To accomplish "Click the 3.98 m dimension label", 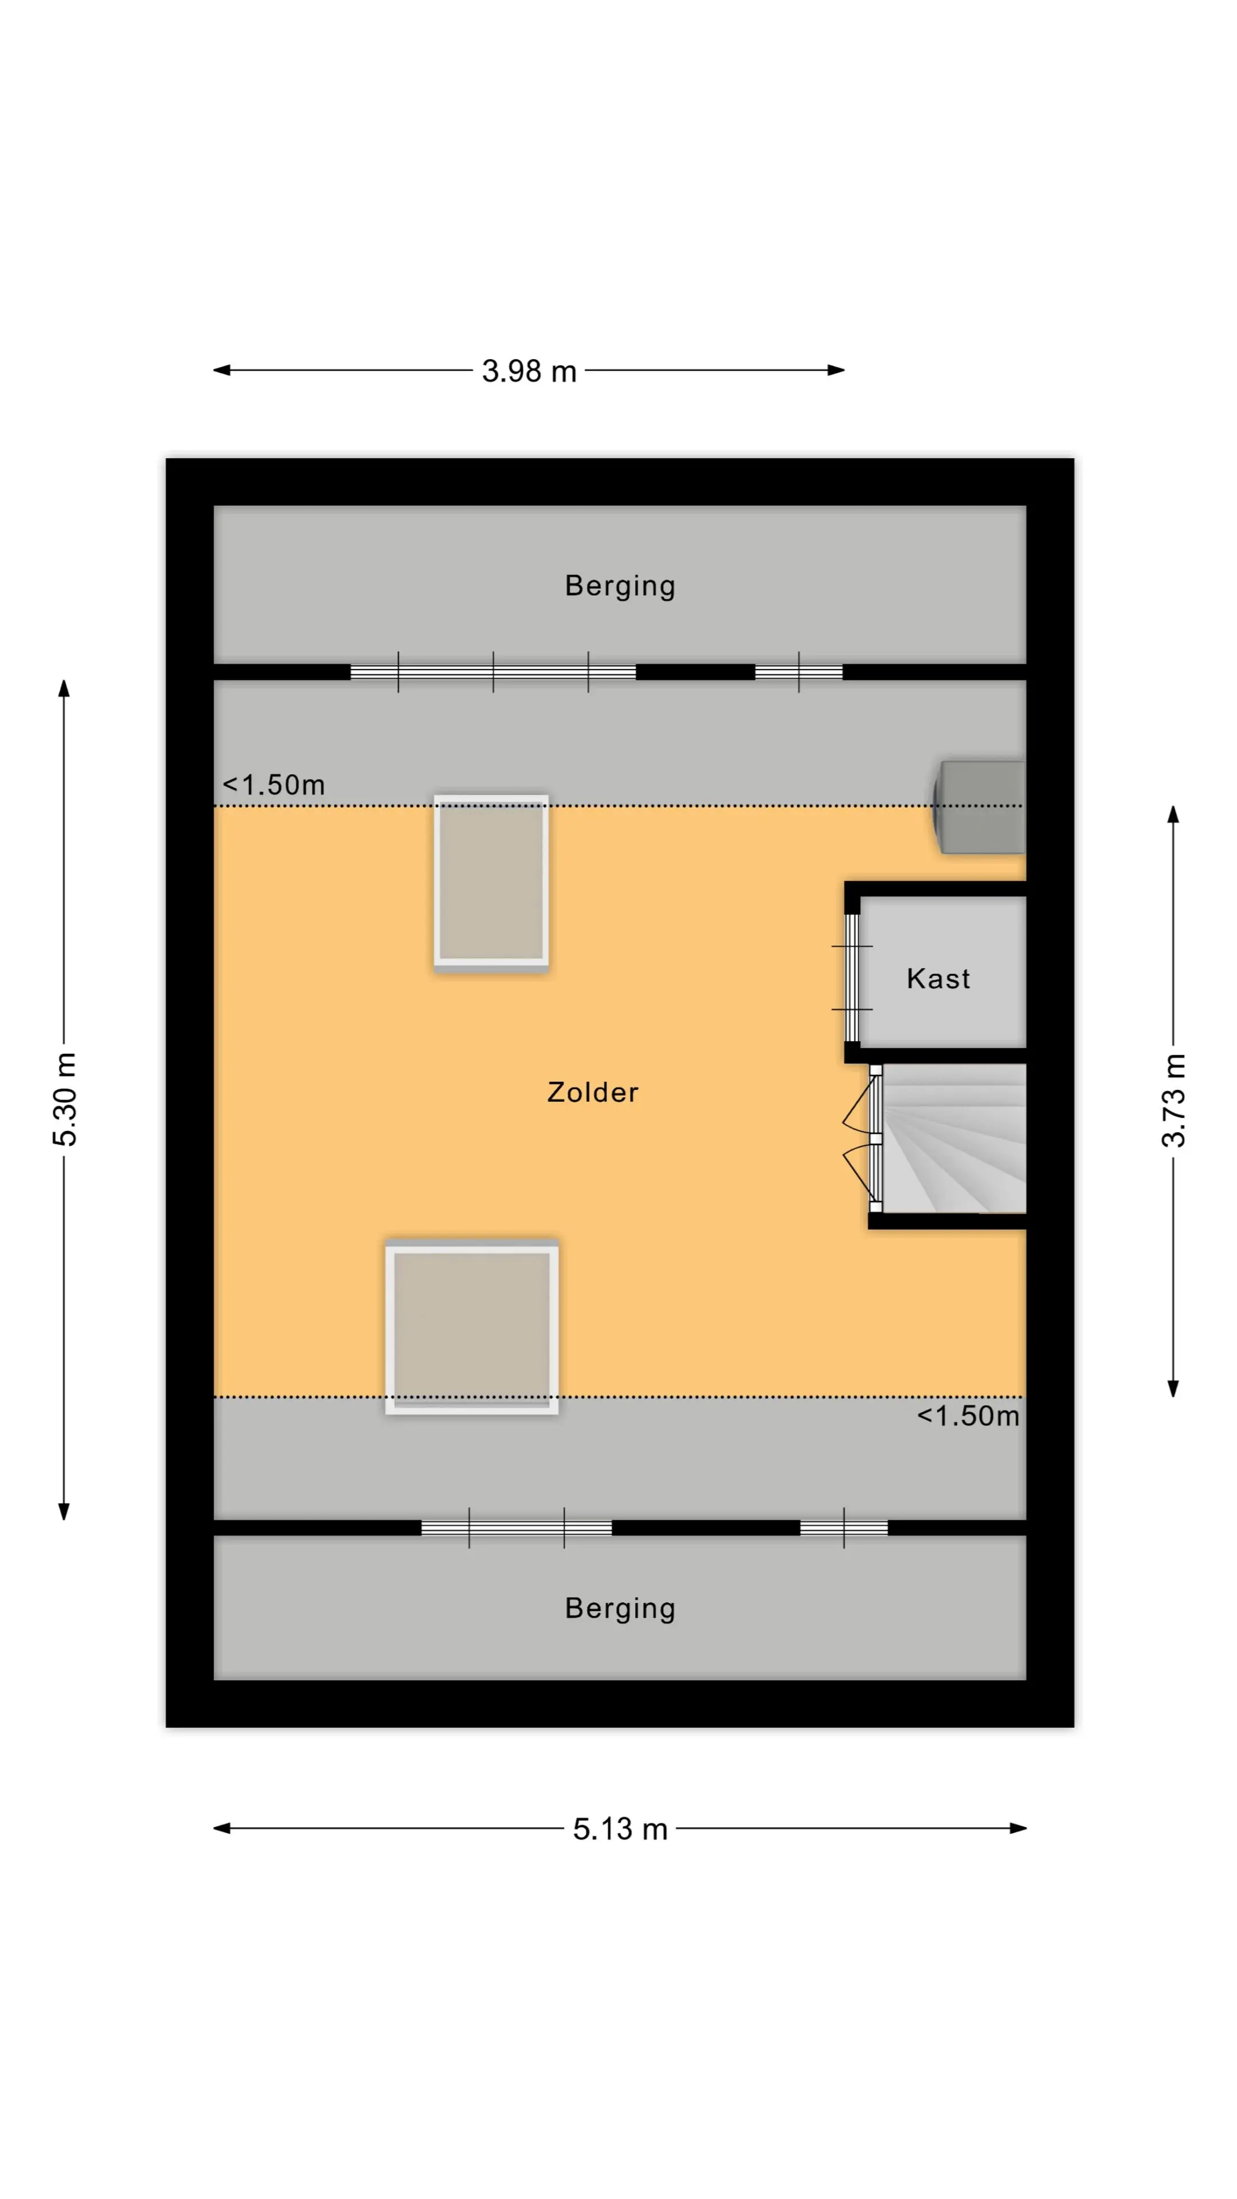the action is [529, 371].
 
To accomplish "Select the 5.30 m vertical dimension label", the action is [65, 1099].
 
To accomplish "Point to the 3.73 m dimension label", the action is [1174, 1100].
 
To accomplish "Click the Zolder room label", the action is [593, 1092].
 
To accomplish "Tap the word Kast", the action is [938, 978].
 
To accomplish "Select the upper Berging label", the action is [620, 586].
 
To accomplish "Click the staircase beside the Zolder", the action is [954, 1138].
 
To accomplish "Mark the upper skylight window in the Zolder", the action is [491, 882].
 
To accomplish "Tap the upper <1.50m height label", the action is [274, 785].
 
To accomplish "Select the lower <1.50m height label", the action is [968, 1416].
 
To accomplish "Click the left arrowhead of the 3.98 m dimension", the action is [221, 371].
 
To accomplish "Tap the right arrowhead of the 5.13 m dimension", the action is [1018, 1828].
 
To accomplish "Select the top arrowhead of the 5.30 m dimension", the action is [64, 688].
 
